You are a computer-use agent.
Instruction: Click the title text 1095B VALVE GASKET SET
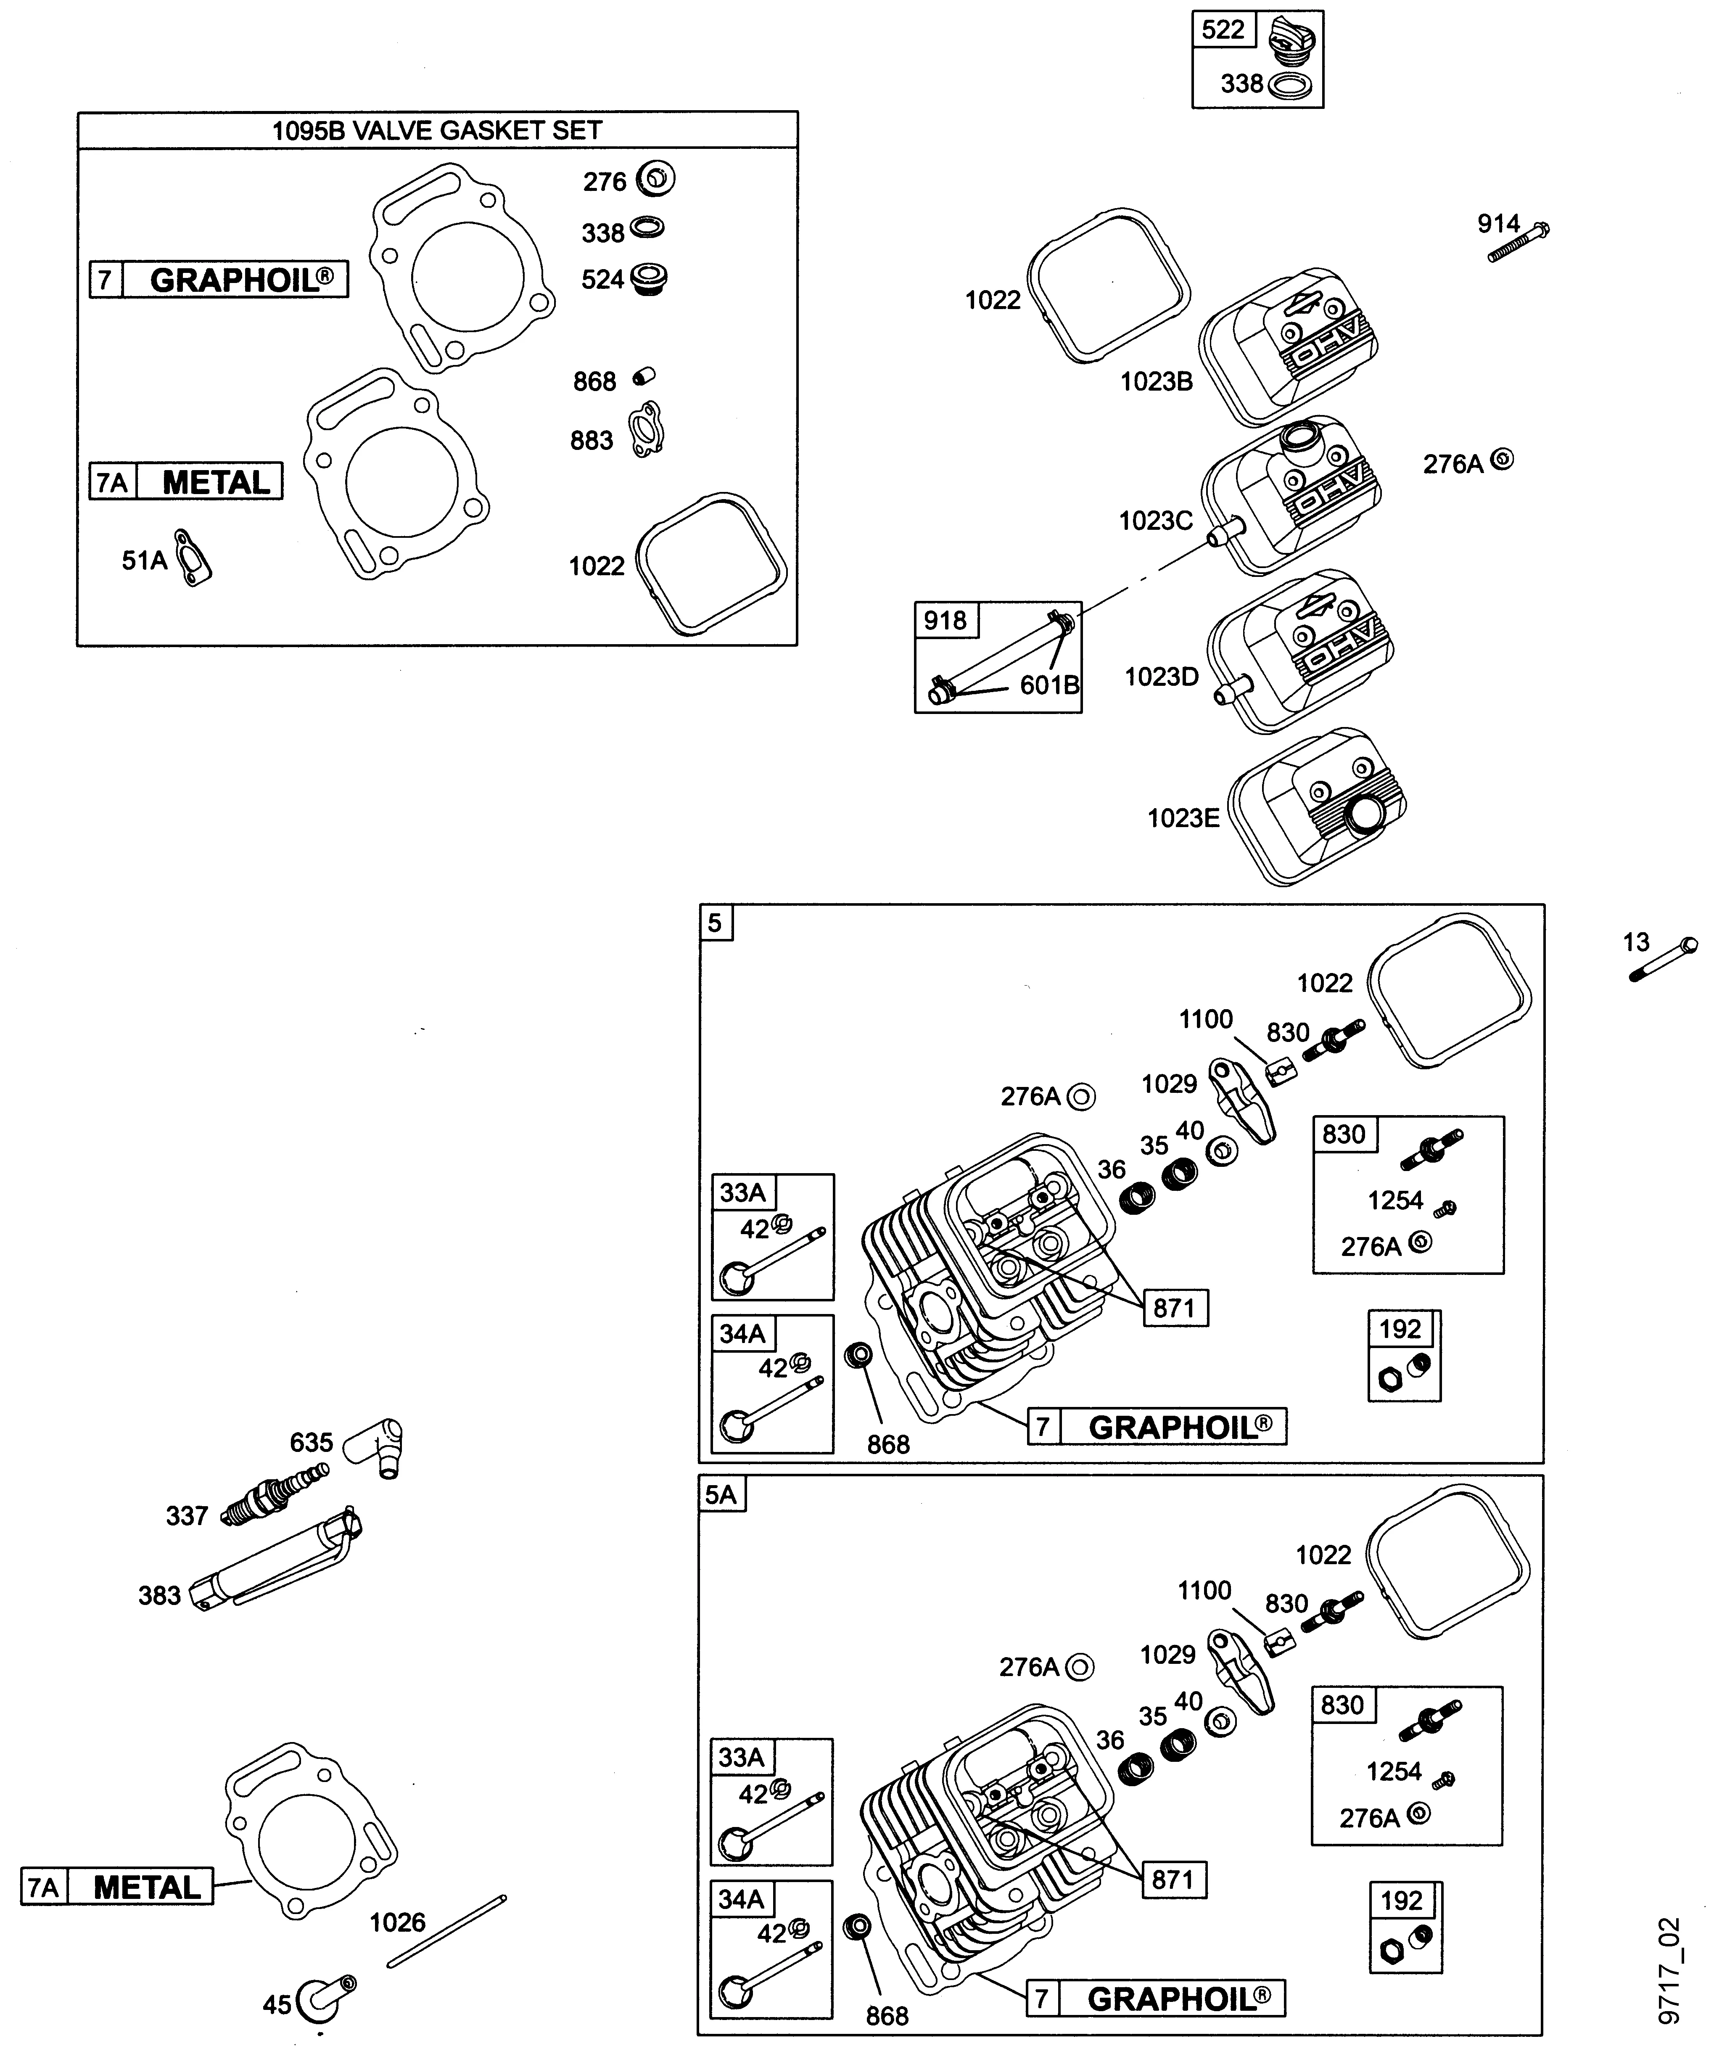click(437, 130)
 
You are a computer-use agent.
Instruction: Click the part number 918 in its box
click(945, 620)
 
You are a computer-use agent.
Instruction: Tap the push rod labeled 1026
click(446, 1930)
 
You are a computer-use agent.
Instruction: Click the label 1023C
click(1156, 521)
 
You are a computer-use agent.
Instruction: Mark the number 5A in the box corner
click(721, 1495)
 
